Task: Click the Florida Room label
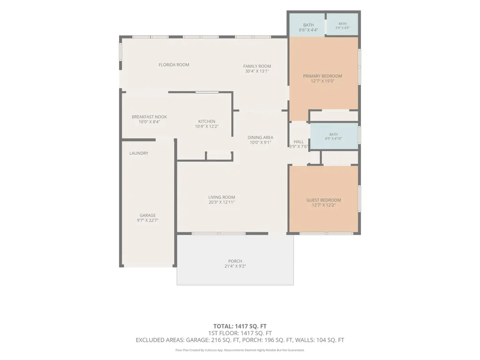pos(174,65)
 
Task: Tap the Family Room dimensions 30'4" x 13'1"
pos(257,71)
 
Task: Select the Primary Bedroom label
pos(322,76)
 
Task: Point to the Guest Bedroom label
pos(323,200)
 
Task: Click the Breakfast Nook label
pos(150,117)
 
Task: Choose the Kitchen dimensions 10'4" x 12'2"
pos(207,126)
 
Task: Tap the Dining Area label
pos(260,137)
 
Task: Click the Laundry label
pos(139,153)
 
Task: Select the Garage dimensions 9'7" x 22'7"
pos(148,220)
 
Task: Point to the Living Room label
pos(222,197)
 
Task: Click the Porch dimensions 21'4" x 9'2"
pos(235,266)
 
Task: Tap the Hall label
pos(299,142)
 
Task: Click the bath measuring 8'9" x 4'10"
pos(334,136)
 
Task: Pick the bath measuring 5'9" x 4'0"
pos(342,24)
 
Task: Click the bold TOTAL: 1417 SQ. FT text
pos(240,326)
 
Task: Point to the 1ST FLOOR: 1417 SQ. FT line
pos(240,333)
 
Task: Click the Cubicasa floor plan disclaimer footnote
pos(240,350)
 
